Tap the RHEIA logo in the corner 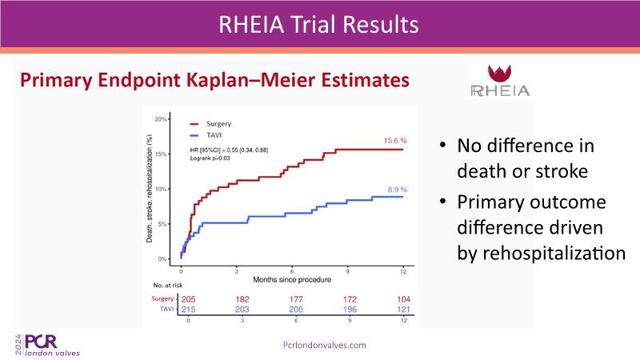[499, 81]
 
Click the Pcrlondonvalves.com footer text [325, 345]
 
